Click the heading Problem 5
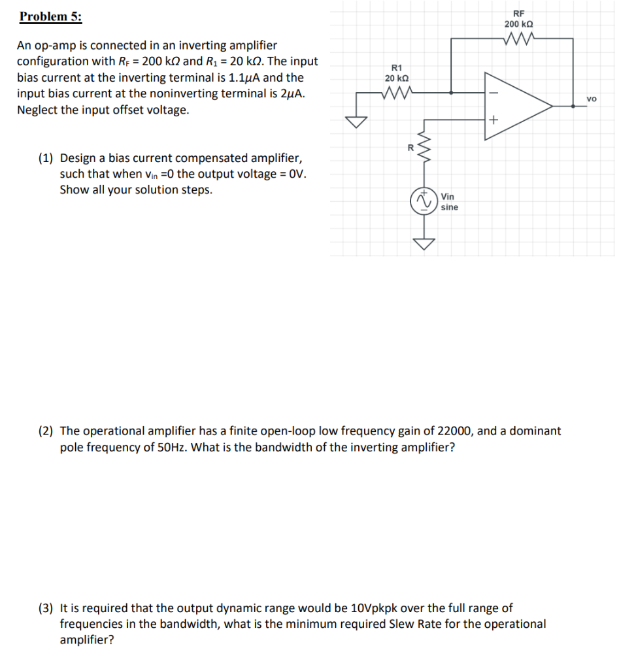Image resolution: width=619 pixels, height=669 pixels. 51,17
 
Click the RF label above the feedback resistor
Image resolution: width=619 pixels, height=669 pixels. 518,13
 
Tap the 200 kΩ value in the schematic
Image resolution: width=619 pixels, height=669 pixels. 518,24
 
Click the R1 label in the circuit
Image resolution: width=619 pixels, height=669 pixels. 397,67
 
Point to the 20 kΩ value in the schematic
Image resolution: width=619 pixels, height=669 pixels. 397,78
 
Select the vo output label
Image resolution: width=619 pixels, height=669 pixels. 592,99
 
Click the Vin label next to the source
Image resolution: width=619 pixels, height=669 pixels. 448,197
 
